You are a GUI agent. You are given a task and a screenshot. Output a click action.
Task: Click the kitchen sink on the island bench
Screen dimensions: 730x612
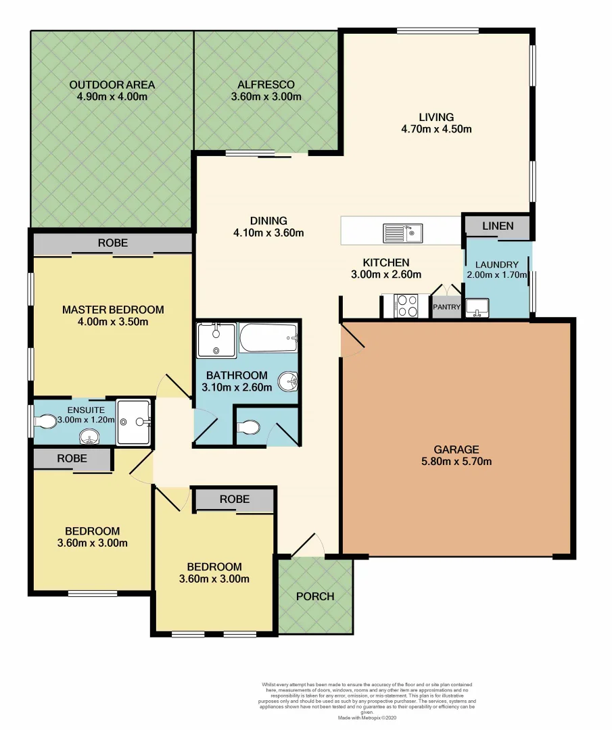(403, 233)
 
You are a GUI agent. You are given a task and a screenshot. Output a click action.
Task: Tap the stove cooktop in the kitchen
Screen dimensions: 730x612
(408, 306)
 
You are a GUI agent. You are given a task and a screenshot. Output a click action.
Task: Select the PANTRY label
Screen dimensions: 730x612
(446, 307)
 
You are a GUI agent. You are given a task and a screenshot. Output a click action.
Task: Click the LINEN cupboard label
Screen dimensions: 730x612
(498, 226)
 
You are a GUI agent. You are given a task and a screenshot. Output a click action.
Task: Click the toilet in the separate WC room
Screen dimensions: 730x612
(249, 427)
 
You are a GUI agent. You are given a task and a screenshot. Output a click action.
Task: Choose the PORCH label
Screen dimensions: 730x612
(315, 596)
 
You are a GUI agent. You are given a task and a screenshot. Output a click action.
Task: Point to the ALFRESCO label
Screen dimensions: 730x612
(266, 84)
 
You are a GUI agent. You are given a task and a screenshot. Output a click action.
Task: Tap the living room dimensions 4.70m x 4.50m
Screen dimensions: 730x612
(436, 128)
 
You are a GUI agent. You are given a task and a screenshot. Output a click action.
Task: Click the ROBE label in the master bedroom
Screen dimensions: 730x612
(112, 243)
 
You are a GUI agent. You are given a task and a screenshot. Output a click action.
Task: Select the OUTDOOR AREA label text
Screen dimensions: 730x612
(112, 84)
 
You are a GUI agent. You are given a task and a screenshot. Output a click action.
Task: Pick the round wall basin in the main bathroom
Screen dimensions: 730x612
(291, 383)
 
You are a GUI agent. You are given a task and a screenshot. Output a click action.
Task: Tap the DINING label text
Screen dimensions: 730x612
(268, 220)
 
